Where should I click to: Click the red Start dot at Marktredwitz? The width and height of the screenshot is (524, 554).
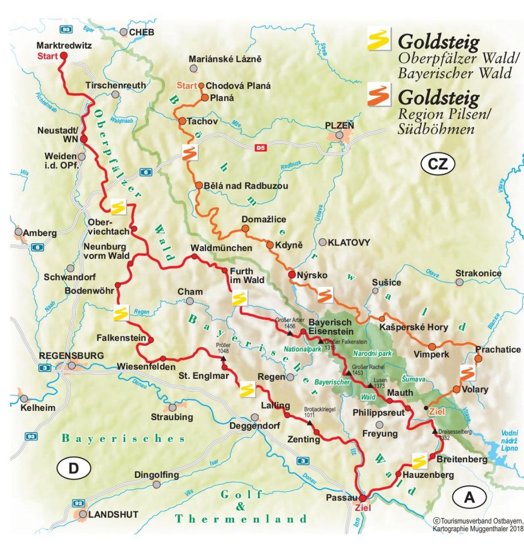click(63, 56)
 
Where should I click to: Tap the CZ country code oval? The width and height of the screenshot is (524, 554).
click(438, 164)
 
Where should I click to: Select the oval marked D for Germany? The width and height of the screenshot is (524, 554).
click(74, 468)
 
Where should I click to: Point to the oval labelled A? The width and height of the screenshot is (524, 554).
click(469, 497)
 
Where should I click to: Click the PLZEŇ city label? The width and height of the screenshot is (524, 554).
click(339, 125)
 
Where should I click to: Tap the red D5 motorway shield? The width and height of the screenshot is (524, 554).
click(260, 148)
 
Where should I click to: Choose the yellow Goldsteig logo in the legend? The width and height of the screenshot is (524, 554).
click(379, 39)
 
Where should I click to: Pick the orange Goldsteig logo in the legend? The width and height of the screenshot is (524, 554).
click(379, 94)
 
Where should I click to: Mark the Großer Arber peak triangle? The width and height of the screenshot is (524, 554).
click(289, 333)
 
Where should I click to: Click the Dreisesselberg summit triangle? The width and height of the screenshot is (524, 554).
click(435, 432)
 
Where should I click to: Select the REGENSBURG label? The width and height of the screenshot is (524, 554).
click(72, 355)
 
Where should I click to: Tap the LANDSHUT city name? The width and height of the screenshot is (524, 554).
click(113, 515)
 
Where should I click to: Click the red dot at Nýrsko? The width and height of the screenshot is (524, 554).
click(291, 275)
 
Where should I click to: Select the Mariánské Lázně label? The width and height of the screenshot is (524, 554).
click(225, 59)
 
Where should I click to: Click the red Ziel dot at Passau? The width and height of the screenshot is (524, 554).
click(362, 498)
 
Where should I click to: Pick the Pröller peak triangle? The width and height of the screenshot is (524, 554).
click(224, 359)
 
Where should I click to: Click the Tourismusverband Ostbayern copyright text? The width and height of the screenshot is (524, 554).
click(478, 524)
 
